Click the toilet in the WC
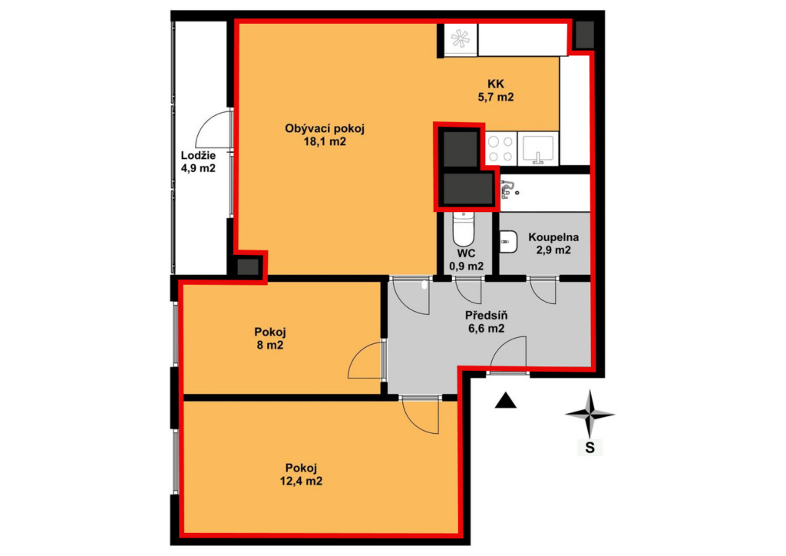pos(463,229)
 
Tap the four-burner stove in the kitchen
pos(500,149)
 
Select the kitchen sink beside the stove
pos(538,149)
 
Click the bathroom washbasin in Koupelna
pos(508,243)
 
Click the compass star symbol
pos(590,414)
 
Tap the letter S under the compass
pos(590,447)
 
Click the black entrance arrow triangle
pos(505,401)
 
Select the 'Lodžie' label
pos(198,155)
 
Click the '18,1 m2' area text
pos(325,141)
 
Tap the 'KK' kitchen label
pos(496,84)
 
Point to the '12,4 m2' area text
pos(301,482)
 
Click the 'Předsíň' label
pos(486,316)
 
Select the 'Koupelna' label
pos(553,237)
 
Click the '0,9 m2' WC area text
pos(467,266)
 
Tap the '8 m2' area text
pos(270,345)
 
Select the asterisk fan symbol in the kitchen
pos(461,39)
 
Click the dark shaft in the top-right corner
pos(584,34)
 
